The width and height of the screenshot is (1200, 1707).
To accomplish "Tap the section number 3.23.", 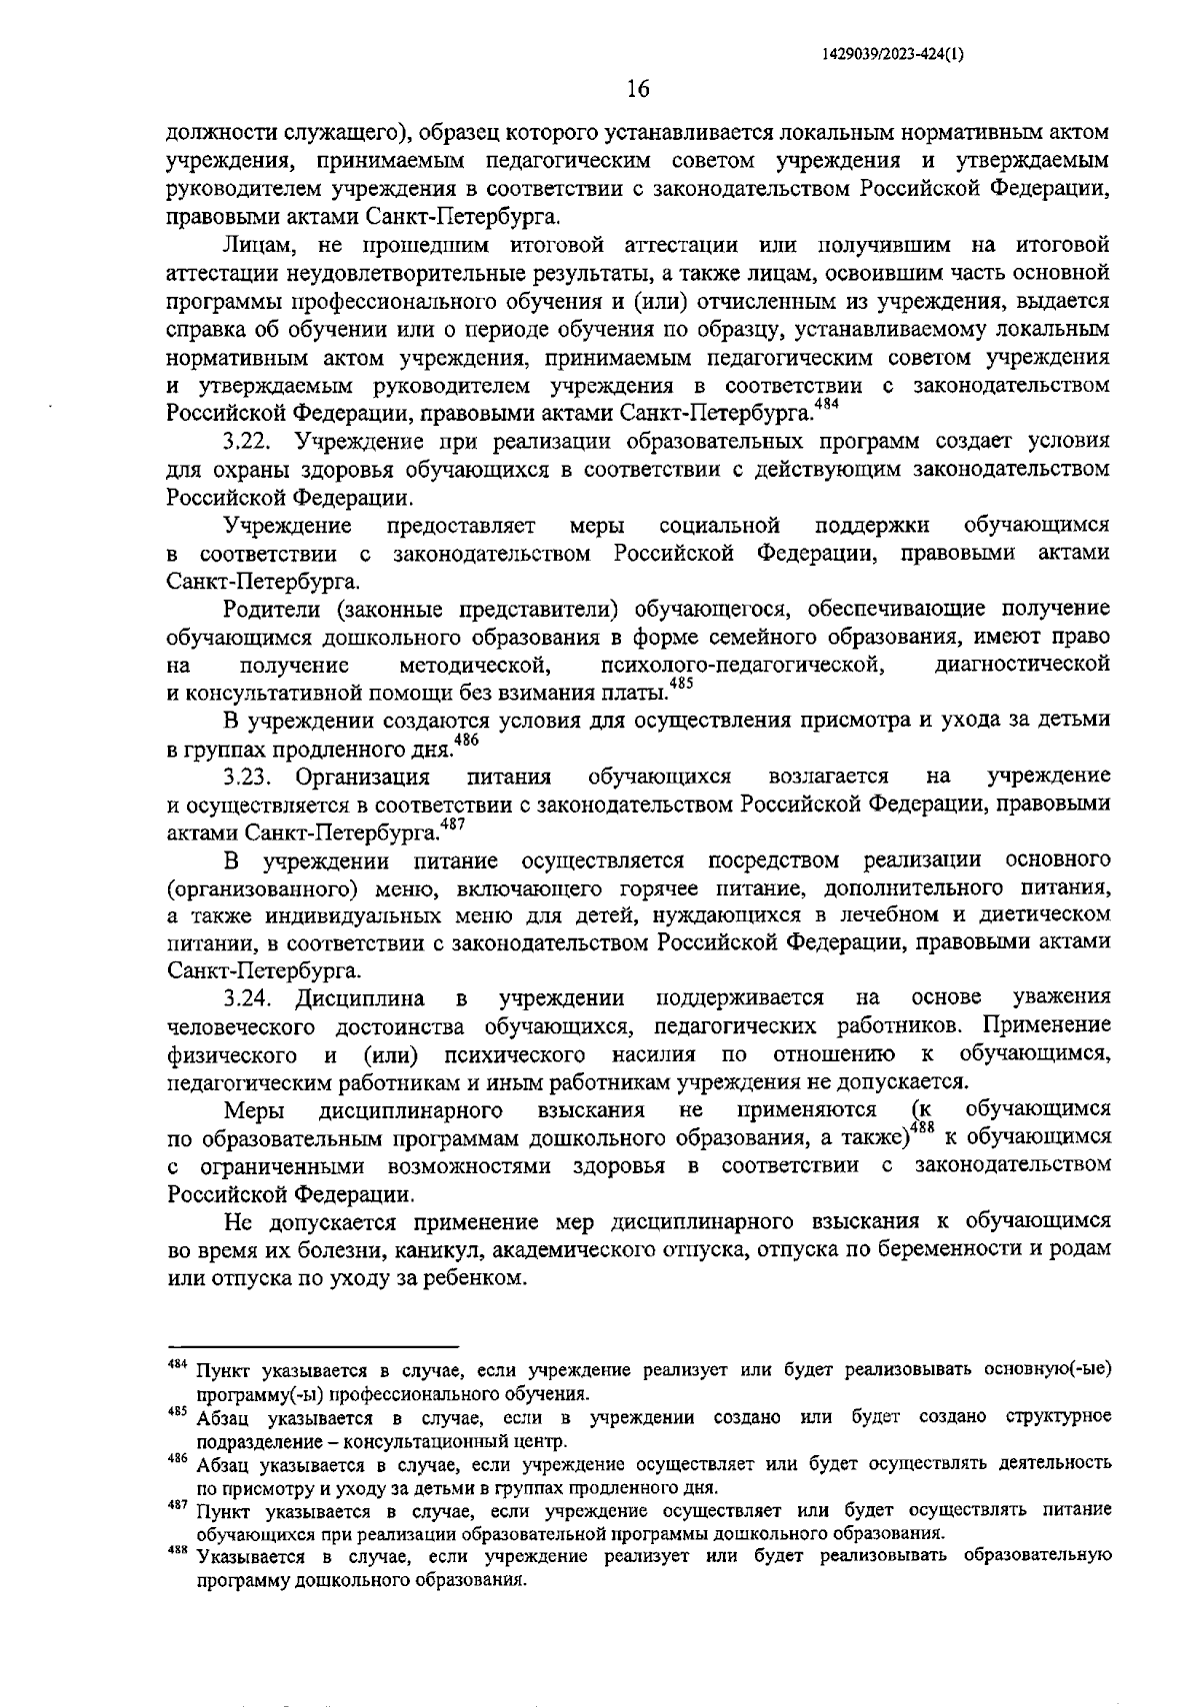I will tap(245, 777).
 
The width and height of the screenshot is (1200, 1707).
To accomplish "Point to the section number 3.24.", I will tap(245, 997).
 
